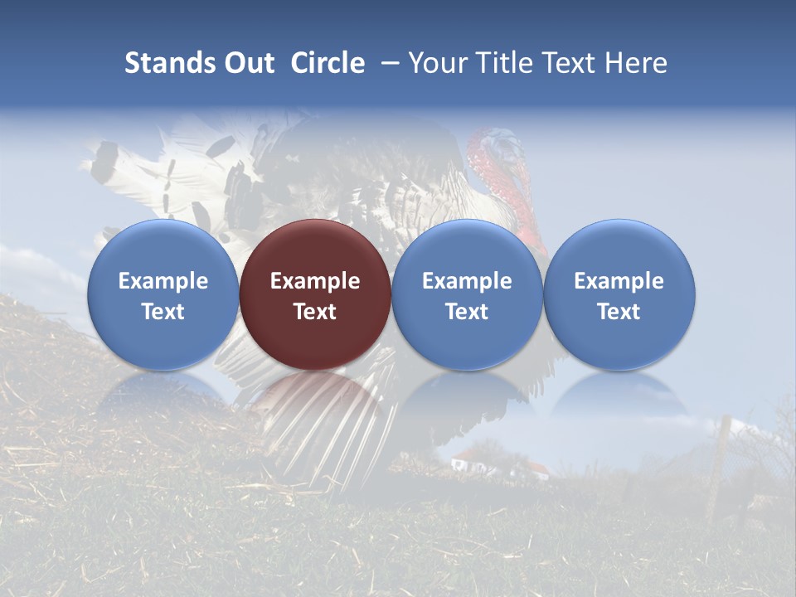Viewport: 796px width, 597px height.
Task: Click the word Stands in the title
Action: [x=162, y=63]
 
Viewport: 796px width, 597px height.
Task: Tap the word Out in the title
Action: [x=247, y=63]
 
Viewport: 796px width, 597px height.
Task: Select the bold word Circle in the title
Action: [x=328, y=63]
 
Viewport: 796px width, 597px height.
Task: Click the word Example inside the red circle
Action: [x=315, y=281]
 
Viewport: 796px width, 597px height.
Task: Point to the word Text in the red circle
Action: [x=315, y=312]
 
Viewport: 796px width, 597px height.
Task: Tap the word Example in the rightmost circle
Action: [x=619, y=281]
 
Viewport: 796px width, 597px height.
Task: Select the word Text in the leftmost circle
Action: [x=163, y=312]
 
